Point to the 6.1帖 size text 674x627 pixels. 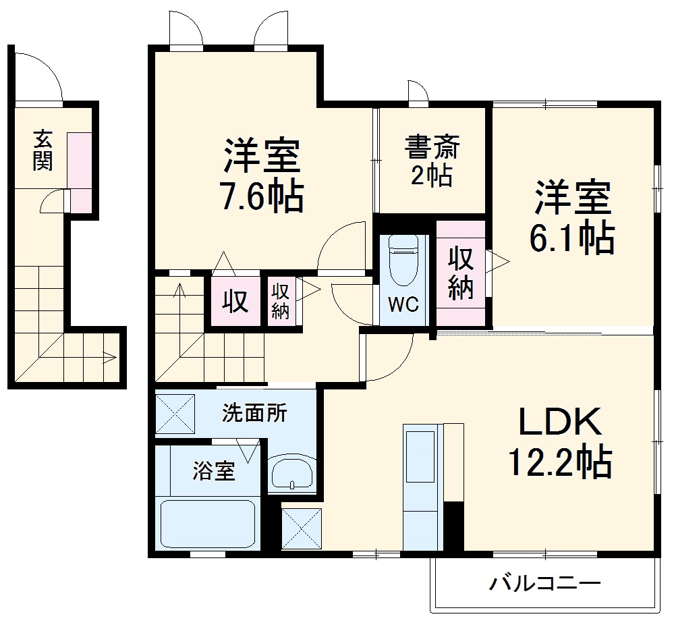(x=573, y=238)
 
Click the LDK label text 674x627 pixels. (x=559, y=422)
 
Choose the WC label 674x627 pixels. (x=403, y=304)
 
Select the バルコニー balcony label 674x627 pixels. (x=544, y=582)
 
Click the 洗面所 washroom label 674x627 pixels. (x=254, y=412)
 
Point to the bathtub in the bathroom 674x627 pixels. (x=207, y=523)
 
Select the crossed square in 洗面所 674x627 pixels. (x=175, y=413)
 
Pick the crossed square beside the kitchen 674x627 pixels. (x=302, y=528)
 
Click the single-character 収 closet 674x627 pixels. (x=235, y=302)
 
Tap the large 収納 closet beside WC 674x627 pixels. (x=460, y=273)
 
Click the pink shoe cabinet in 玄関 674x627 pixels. (x=80, y=172)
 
